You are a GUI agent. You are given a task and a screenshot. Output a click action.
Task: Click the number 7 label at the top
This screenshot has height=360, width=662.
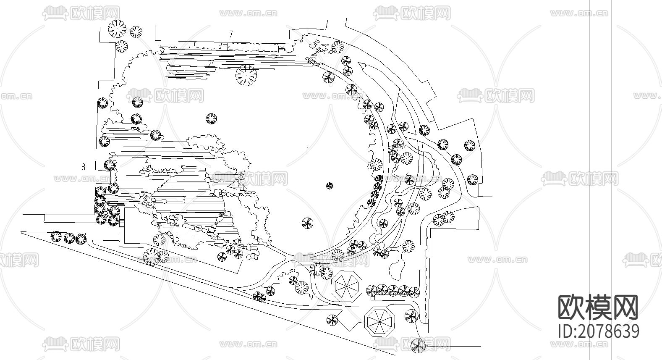pos(230,34)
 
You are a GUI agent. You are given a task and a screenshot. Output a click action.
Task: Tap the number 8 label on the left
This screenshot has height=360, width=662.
pos(83,167)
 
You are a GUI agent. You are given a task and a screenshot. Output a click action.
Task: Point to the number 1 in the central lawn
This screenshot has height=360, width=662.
pos(308,150)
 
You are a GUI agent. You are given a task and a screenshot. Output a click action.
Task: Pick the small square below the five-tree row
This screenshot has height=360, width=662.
pos(372,298)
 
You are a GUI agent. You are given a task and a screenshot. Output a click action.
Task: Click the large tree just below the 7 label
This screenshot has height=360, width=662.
pos(246,76)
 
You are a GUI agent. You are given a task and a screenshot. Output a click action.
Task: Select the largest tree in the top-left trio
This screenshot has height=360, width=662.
pos(117,29)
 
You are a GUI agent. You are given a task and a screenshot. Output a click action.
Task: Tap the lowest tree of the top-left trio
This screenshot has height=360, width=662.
pos(121,46)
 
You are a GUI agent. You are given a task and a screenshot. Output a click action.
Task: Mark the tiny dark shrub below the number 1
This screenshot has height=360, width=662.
pos(330,185)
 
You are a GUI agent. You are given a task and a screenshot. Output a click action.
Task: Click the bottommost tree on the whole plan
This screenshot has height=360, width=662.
pos(418,346)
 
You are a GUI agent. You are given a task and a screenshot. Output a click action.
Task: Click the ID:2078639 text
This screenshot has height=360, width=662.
pos(599,331)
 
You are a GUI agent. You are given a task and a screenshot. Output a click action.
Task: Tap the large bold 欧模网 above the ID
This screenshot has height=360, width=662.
pos(598,307)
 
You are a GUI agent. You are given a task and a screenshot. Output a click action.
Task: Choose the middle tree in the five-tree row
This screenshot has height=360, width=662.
pos(392,290)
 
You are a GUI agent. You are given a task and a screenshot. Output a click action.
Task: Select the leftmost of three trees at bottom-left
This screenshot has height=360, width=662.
pos(56,237)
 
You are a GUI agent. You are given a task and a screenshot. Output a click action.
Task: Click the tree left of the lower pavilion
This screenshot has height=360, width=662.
pos(332,321)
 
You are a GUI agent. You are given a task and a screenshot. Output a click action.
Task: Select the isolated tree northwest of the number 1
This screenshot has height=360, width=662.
pos(212,119)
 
